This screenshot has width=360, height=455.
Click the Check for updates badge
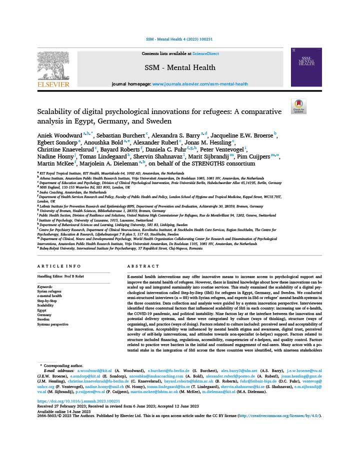click(x=298, y=106)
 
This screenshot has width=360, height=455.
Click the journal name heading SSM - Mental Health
click(x=180, y=67)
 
